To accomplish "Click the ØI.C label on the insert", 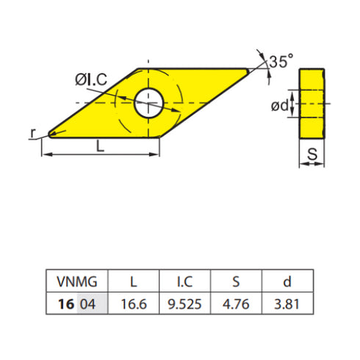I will click(x=91, y=80).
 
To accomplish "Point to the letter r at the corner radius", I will click(x=33, y=132).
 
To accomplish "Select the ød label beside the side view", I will click(x=280, y=106).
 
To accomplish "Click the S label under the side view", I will click(x=312, y=155).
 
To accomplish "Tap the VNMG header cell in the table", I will click(x=76, y=281).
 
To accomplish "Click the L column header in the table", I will click(x=133, y=281).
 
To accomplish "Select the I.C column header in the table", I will click(x=184, y=281).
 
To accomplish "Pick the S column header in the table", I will click(x=236, y=281).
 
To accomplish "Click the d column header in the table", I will click(x=287, y=281).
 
